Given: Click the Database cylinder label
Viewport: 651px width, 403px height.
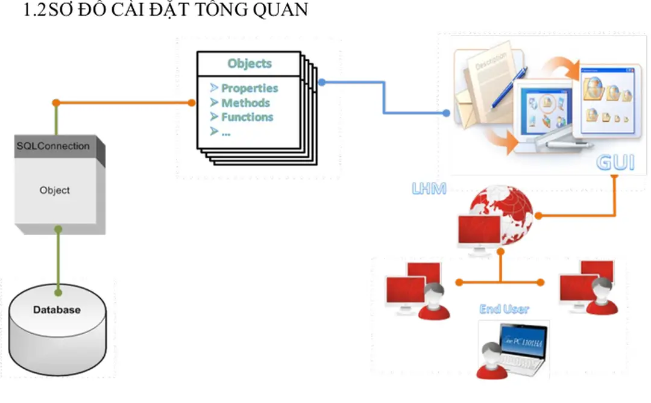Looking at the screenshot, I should click(56, 310).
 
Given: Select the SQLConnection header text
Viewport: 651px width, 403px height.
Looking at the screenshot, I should click(53, 146).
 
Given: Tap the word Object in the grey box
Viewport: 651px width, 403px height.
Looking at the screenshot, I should click(54, 190).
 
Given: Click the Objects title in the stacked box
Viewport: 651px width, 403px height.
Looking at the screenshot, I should click(250, 63).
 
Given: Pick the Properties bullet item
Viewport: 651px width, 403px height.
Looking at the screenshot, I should click(249, 88).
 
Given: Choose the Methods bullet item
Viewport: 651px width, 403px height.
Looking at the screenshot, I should click(245, 103).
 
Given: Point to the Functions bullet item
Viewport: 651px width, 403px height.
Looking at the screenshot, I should click(247, 117).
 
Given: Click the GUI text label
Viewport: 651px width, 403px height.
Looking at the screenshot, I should click(615, 163).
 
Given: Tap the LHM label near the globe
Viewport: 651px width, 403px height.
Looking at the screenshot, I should click(429, 189).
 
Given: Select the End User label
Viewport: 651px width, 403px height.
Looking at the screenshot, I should click(504, 309).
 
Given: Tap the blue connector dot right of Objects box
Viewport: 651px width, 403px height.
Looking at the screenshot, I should click(322, 82).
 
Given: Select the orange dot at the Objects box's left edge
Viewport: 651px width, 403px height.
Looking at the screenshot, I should click(192, 102).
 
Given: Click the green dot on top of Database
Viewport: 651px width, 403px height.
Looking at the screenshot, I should click(58, 293).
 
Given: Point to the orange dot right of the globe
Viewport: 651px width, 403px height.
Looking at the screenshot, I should click(539, 215).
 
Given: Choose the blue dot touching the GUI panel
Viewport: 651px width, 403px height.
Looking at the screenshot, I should click(446, 113).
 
